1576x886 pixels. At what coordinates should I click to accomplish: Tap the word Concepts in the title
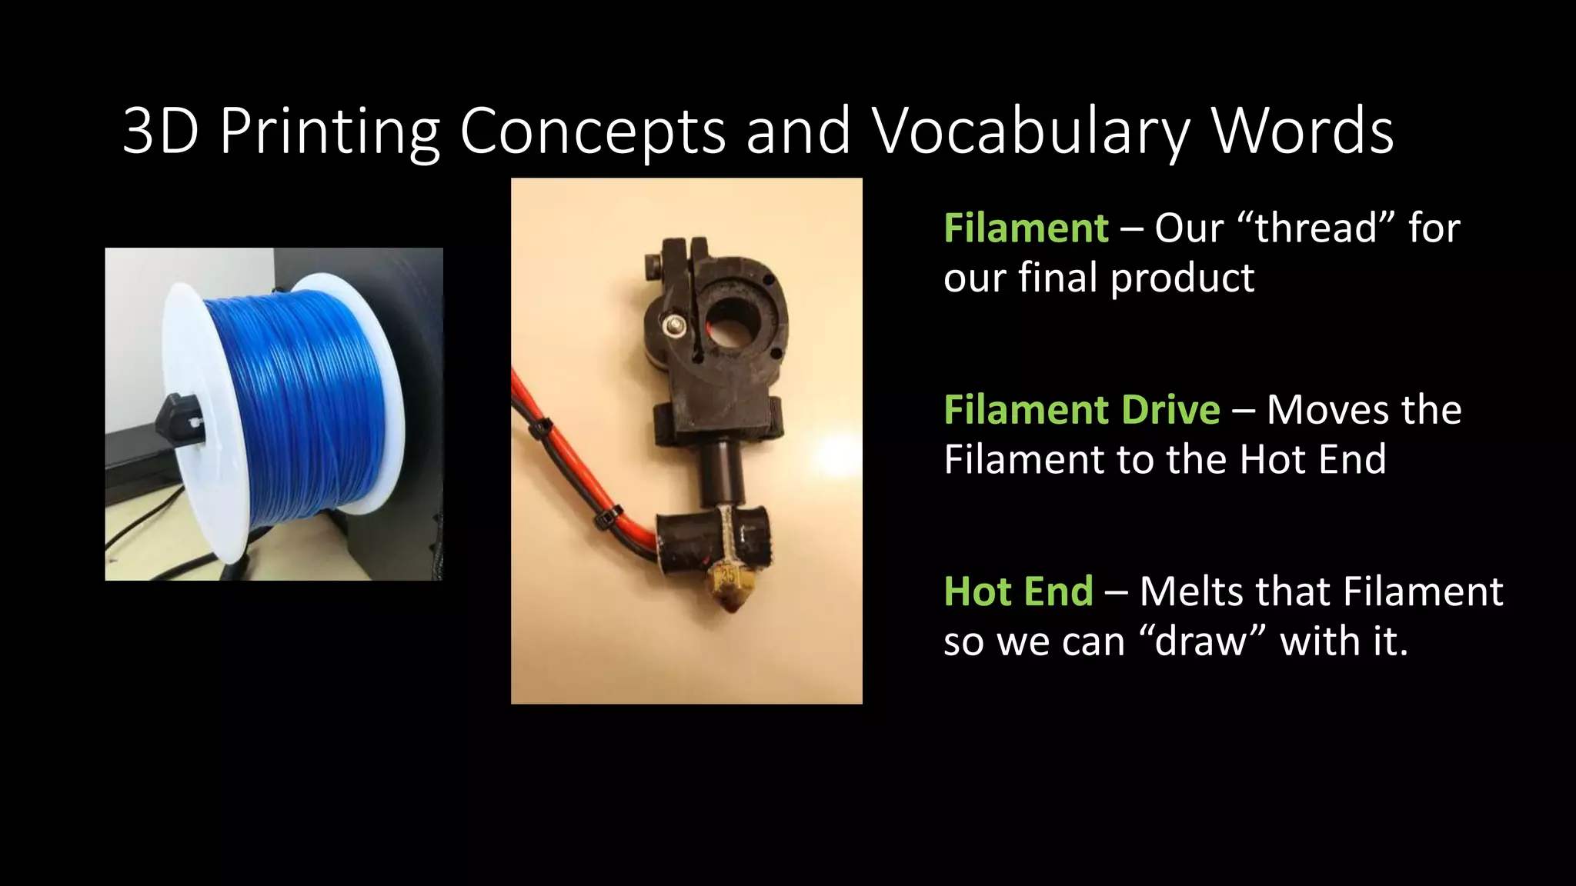coord(593,132)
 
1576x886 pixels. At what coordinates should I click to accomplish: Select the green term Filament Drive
coord(1081,410)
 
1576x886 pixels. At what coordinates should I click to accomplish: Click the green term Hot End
coord(1018,591)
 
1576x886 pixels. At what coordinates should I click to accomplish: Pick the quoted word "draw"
coord(1201,641)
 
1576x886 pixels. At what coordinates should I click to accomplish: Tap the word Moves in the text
coord(1315,410)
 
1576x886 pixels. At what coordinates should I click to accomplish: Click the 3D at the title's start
coord(160,132)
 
